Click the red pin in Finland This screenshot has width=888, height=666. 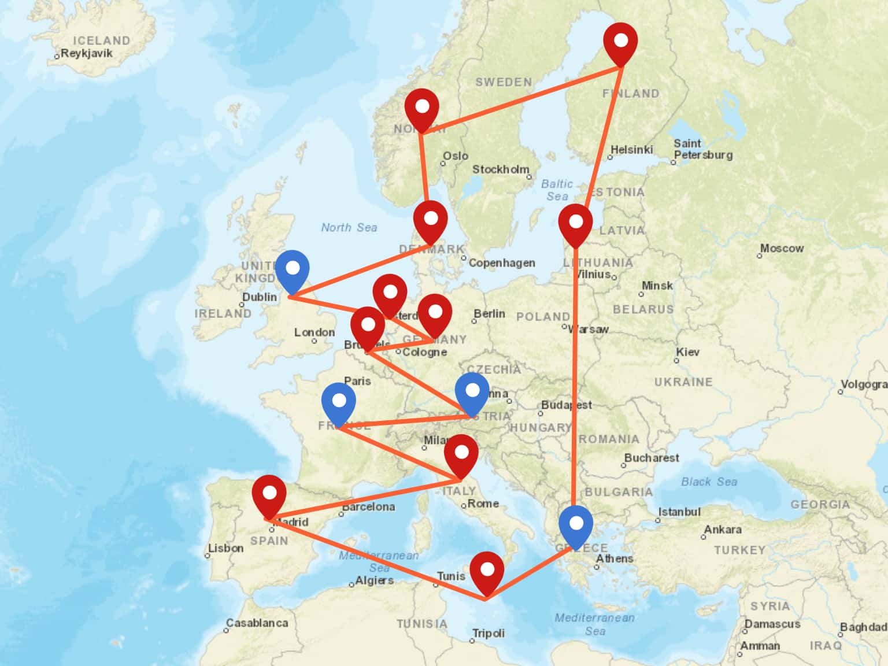pyautogui.click(x=620, y=42)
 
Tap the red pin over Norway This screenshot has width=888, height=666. pyautogui.click(x=421, y=108)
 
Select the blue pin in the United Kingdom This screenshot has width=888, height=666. pyautogui.click(x=293, y=269)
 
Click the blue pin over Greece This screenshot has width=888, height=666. pyautogui.click(x=576, y=524)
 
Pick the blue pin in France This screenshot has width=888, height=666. pyautogui.click(x=339, y=402)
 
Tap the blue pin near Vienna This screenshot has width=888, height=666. pyautogui.click(x=472, y=392)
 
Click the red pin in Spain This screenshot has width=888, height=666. pyautogui.click(x=269, y=494)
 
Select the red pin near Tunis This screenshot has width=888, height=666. pyautogui.click(x=487, y=571)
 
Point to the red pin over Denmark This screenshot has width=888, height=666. pyautogui.click(x=431, y=220)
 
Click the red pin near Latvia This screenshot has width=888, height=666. pyautogui.click(x=576, y=223)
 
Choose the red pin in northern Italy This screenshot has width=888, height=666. pyautogui.click(x=461, y=454)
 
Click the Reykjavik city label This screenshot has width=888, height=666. pyautogui.click(x=86, y=54)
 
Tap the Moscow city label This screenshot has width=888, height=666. pyautogui.click(x=782, y=249)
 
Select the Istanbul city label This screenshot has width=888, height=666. pyautogui.click(x=679, y=512)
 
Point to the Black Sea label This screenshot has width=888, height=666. pyautogui.click(x=709, y=482)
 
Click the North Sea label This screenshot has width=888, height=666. pyautogui.click(x=349, y=228)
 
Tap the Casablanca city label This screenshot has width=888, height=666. pyautogui.click(x=257, y=623)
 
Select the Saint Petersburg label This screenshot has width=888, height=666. pyautogui.click(x=702, y=149)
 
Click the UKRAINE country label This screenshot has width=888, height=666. pyautogui.click(x=683, y=382)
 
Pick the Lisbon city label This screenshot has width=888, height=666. pyautogui.click(x=225, y=548)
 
